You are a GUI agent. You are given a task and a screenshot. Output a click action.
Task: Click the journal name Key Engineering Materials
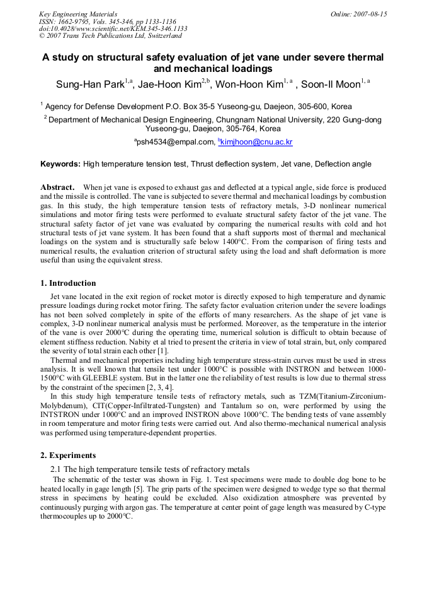point(78,14)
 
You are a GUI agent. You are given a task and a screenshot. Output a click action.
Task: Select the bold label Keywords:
point(60,164)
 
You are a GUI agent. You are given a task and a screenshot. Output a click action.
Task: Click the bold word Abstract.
point(58,187)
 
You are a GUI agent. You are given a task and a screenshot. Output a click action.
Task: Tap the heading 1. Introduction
point(68,283)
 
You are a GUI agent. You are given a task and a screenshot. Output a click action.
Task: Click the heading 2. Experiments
point(68,455)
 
